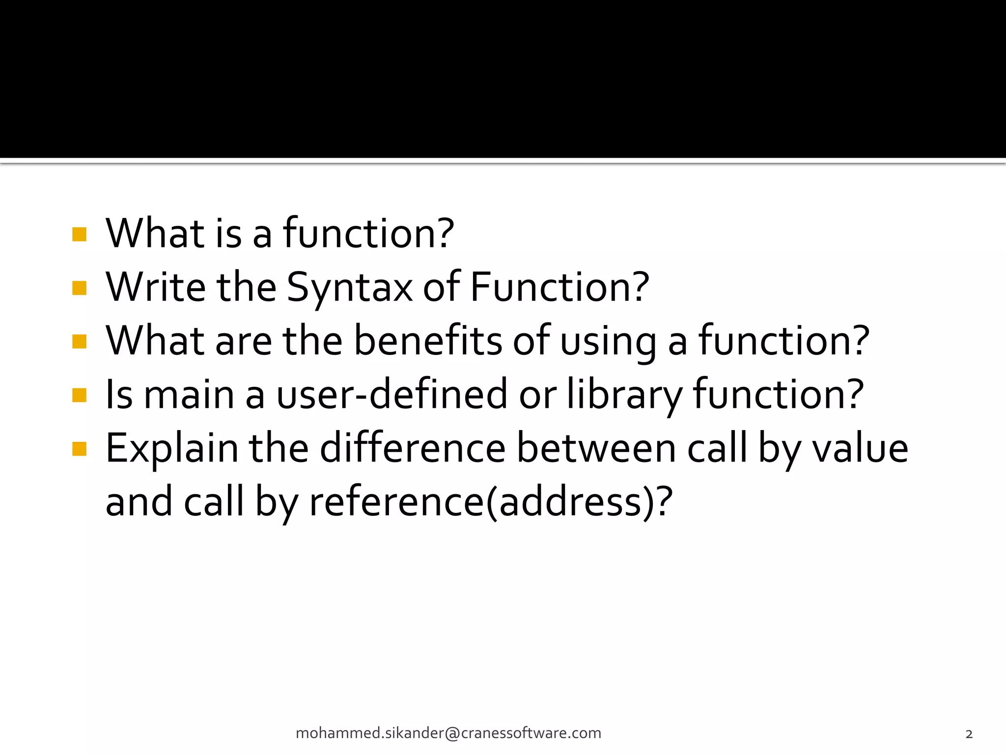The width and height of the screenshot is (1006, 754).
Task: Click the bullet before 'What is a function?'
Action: tap(79, 234)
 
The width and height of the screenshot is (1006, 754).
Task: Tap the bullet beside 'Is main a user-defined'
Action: tap(79, 395)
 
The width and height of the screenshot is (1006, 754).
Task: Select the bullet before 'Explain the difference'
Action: tap(79, 449)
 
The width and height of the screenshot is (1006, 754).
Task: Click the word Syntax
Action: tap(349, 288)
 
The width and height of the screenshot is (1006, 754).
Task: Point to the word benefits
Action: tap(428, 341)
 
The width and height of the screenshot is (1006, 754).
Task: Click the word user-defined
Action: tap(391, 395)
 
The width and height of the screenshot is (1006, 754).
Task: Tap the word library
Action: tap(624, 395)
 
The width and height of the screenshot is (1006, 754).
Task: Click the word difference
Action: tap(413, 449)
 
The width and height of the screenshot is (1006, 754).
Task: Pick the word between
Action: tap(596, 449)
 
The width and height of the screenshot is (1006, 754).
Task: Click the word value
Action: tap(860, 449)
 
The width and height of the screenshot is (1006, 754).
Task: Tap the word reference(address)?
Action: tap(490, 503)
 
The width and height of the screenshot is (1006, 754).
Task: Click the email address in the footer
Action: tap(448, 733)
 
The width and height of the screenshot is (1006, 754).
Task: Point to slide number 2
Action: tap(969, 734)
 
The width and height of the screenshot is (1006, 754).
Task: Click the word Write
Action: tap(155, 288)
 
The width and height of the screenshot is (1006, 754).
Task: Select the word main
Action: tap(189, 395)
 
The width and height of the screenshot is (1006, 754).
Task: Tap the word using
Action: tap(608, 341)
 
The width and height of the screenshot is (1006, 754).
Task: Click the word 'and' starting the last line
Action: tap(139, 503)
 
